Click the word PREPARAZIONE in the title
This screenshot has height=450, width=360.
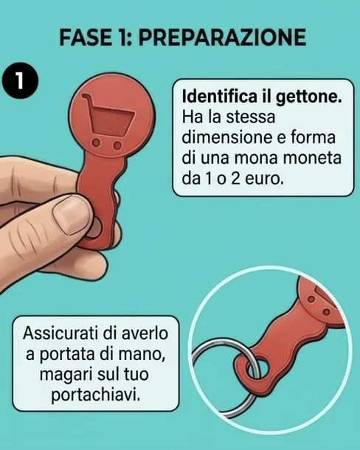pos(222,38)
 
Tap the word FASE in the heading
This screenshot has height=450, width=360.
pos(86,38)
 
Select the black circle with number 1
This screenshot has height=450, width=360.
pos(20,80)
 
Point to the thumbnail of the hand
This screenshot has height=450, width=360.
pos(72,215)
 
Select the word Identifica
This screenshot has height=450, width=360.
pos(220,96)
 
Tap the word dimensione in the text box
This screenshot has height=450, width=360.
pos(226,137)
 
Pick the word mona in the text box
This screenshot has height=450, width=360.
pos(253,158)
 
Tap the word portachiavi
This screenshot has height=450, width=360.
pos(96,395)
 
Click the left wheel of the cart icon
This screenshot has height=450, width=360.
pos(97,142)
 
